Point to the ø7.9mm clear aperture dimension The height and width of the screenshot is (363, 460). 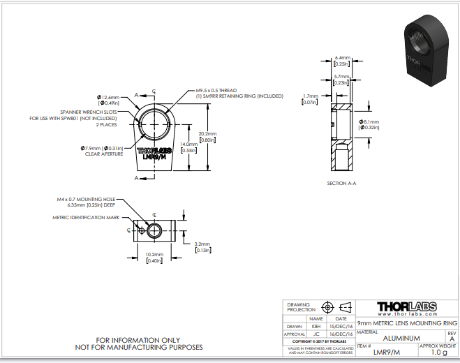click(103, 147)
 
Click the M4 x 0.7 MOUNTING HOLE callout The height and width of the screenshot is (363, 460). click(87, 199)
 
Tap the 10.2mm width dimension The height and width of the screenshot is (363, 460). click(154, 258)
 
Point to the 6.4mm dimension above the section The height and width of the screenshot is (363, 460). click(342, 60)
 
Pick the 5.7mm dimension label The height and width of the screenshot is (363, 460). click(342, 78)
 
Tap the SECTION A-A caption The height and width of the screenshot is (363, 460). click(342, 184)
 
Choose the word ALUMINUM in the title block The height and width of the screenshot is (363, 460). click(401, 338)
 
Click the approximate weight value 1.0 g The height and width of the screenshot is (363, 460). click(438, 353)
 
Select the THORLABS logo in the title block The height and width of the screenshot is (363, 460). click(407, 307)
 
